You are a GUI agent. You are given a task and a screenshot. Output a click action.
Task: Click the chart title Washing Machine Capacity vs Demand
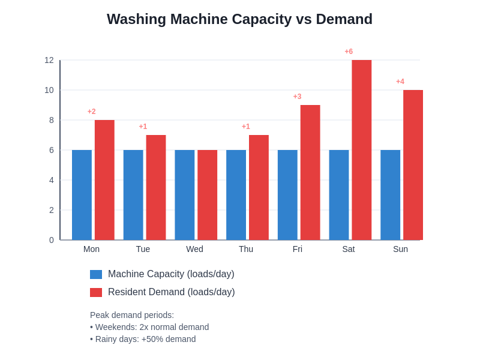[x=239, y=19]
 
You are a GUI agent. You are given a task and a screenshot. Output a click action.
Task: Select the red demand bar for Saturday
[x=361, y=150]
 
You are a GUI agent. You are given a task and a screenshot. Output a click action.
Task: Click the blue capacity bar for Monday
[x=82, y=195]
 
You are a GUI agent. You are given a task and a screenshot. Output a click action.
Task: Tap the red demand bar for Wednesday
[x=207, y=195]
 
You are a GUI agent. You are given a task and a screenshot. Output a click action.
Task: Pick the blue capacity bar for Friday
[x=287, y=195]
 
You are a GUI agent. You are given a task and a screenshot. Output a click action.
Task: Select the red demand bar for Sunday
[x=413, y=165]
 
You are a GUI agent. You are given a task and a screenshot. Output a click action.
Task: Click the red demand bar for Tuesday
[x=156, y=187]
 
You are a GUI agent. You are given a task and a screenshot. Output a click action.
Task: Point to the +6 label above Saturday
[x=349, y=52]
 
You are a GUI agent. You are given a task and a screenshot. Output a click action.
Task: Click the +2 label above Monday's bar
[x=91, y=112]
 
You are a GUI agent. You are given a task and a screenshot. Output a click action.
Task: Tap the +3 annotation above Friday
[x=297, y=97]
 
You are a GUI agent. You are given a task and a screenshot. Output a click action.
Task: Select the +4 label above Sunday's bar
[x=400, y=82]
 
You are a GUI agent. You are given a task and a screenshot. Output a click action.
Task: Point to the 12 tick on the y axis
[x=49, y=60]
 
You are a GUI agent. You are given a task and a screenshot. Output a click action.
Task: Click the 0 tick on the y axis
[x=52, y=240]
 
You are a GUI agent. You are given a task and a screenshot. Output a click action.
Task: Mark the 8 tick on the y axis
[x=52, y=120]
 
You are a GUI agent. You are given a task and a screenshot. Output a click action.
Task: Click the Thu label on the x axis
[x=246, y=249]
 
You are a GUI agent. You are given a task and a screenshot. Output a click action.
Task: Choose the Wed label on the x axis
[x=194, y=249]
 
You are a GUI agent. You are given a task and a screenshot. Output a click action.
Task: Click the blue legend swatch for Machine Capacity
[x=96, y=274]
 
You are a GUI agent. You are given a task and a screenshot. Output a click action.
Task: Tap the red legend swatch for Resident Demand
[x=96, y=292]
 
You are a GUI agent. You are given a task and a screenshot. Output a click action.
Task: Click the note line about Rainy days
[x=143, y=339]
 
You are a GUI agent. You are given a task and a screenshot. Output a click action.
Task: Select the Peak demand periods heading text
[x=132, y=315]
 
